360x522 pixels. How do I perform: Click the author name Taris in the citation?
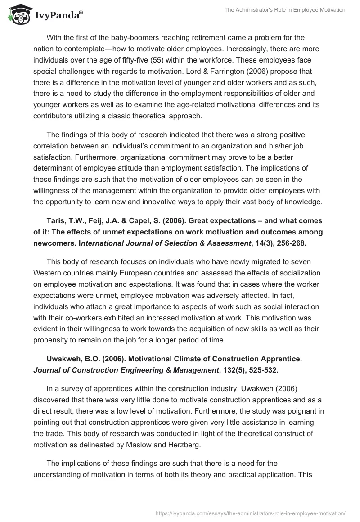point(56,220)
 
